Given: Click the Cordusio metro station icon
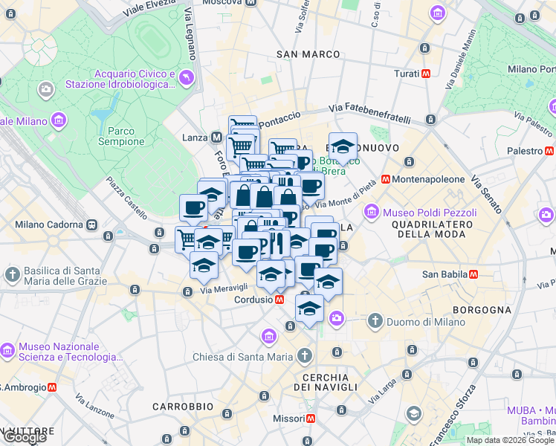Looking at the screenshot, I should [279, 300].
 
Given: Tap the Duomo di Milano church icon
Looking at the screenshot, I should [375, 321].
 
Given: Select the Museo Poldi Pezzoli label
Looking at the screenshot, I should [429, 213].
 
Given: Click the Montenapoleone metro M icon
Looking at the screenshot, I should [386, 179].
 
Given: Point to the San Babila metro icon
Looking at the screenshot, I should [470, 274].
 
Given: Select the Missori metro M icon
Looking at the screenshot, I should [310, 418].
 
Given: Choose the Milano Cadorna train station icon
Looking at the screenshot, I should [92, 224].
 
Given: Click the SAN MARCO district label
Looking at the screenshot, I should [308, 54].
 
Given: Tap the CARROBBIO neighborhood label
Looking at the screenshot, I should [183, 407].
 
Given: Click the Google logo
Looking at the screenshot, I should [25, 437].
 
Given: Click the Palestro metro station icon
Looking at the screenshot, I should [549, 151].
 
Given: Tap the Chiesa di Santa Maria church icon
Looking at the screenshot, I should [303, 356].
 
